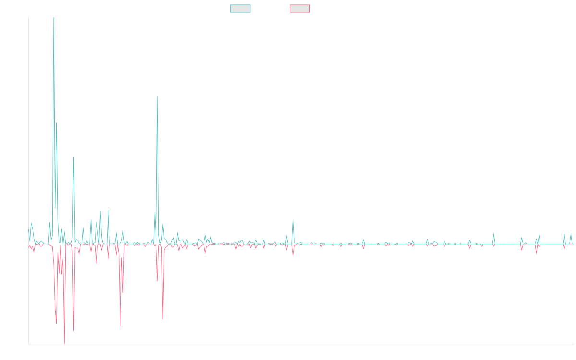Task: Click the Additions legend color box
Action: (x=240, y=9)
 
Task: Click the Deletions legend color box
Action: (x=300, y=9)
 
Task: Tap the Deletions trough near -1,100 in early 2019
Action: (x=120, y=327)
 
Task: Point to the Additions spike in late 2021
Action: (x=293, y=220)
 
